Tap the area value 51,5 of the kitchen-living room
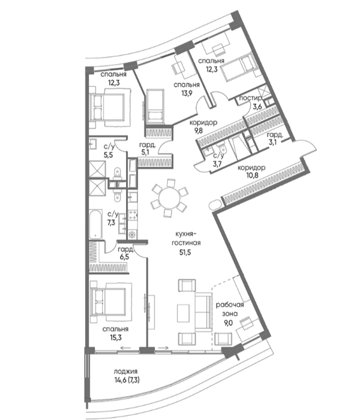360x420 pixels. pyautogui.click(x=185, y=252)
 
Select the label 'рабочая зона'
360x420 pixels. pyautogui.click(x=230, y=309)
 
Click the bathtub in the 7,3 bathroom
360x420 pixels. pyautogui.click(x=95, y=224)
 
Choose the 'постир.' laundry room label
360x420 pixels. pyautogui.click(x=250, y=98)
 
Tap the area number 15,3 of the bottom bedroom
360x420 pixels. pyautogui.click(x=115, y=337)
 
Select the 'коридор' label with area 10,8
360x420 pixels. pyautogui.click(x=251, y=168)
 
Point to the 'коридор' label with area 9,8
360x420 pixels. pyautogui.click(x=203, y=123)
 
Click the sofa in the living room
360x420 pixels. pyautogui.click(x=203, y=312)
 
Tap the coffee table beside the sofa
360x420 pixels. pyautogui.click(x=183, y=313)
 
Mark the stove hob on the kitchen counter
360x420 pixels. pyautogui.click(x=133, y=215)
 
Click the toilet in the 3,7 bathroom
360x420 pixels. pyautogui.click(x=221, y=149)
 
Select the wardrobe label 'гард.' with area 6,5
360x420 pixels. pyautogui.click(x=125, y=250)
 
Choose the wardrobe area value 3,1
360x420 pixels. pyautogui.click(x=273, y=142)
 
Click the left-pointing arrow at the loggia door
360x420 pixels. pyautogui.click(x=125, y=348)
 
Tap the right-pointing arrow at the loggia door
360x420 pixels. pyautogui.click(x=163, y=348)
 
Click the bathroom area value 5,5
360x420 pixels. pyautogui.click(x=109, y=154)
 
